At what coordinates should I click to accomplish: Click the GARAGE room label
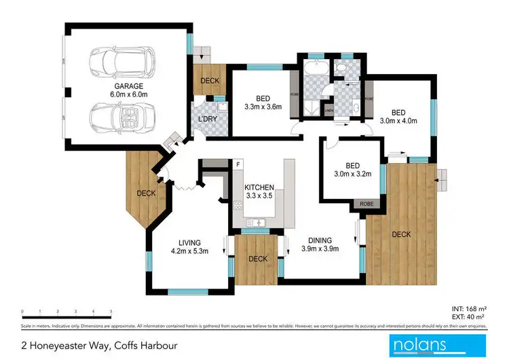pyautogui.click(x=128, y=86)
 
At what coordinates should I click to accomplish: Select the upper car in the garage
pyautogui.click(x=122, y=59)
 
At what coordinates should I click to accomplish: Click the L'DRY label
pyautogui.click(x=207, y=120)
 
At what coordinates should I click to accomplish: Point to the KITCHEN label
pyautogui.click(x=259, y=187)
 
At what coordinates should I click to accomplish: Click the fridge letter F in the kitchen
pyautogui.click(x=238, y=165)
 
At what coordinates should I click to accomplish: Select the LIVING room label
pyautogui.click(x=192, y=242)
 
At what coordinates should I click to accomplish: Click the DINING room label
pyautogui.click(x=319, y=240)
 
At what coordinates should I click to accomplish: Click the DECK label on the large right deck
pyautogui.click(x=401, y=234)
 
